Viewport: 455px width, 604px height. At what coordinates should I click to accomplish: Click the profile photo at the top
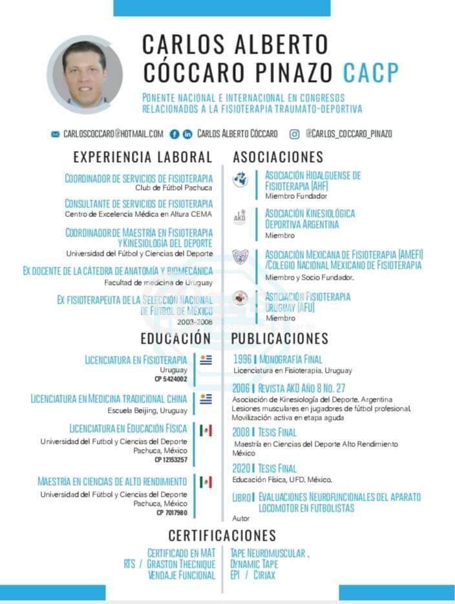click(x=85, y=74)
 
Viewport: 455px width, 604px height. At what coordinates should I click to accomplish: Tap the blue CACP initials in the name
click(x=371, y=73)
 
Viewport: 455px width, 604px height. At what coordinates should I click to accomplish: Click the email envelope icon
click(x=55, y=134)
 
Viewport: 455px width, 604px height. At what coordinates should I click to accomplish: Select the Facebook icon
click(x=174, y=134)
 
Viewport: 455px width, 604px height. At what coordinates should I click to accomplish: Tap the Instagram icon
click(x=294, y=134)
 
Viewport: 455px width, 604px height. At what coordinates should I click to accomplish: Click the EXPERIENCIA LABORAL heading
click(x=143, y=157)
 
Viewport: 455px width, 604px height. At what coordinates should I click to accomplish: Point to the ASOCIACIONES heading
click(x=278, y=157)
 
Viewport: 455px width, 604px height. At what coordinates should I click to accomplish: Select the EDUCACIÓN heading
click(x=176, y=338)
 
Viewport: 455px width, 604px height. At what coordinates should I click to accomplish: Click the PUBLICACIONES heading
click(x=280, y=338)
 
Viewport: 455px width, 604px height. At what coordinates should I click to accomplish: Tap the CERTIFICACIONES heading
click(x=222, y=536)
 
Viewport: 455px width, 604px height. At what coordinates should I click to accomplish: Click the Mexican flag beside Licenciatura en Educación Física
click(x=206, y=430)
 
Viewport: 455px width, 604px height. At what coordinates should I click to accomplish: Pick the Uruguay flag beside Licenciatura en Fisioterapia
click(x=206, y=360)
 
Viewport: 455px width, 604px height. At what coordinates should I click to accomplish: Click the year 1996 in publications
click(x=242, y=359)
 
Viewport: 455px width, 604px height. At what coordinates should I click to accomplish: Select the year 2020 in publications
click(x=242, y=468)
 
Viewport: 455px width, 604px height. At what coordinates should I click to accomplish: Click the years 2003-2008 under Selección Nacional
click(x=195, y=321)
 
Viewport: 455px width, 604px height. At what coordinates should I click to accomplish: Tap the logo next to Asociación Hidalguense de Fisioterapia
click(x=240, y=180)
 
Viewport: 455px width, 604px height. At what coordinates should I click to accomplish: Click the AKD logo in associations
click(x=240, y=217)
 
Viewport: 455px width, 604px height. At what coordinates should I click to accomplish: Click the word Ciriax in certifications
click(x=264, y=574)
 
